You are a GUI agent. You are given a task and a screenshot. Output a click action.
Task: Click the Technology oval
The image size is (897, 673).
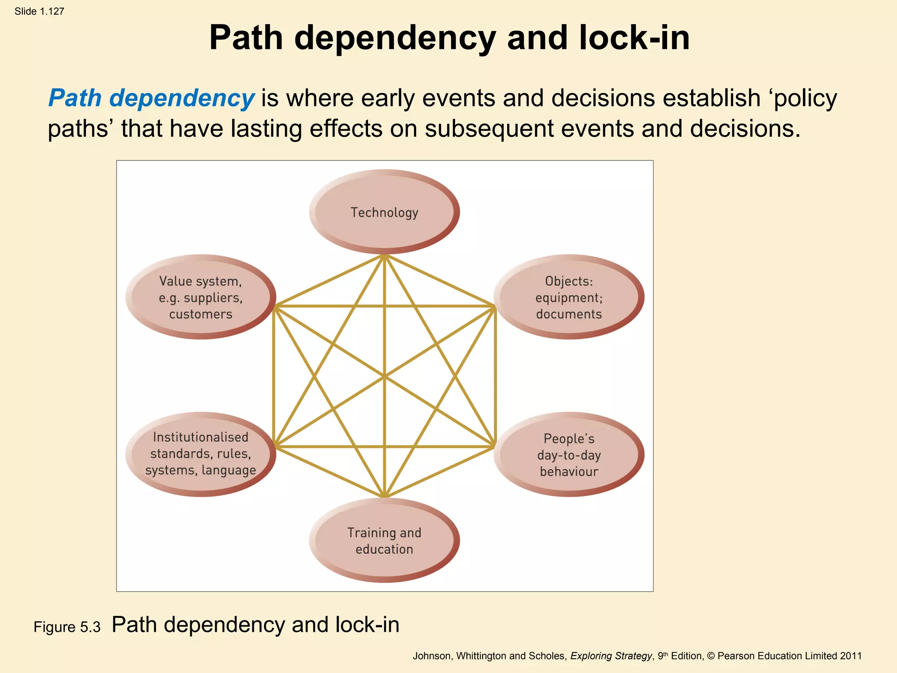(384, 212)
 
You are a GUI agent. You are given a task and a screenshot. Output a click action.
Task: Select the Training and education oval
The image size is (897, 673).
(384, 541)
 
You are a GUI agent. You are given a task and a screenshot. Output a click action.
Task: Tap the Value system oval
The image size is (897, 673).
(201, 297)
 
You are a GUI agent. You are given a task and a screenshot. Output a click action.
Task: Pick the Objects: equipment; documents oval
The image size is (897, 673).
(569, 297)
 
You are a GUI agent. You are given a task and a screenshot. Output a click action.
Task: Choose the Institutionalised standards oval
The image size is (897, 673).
(201, 454)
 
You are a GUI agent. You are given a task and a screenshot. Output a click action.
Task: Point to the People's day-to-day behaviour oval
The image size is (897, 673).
(569, 455)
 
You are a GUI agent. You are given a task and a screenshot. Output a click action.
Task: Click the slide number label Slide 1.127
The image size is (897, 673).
(39, 11)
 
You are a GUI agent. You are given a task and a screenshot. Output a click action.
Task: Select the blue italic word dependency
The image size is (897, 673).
(181, 98)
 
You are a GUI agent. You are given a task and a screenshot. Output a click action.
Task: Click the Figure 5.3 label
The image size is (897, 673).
(67, 627)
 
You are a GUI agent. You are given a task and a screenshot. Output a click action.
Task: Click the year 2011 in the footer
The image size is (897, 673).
(851, 656)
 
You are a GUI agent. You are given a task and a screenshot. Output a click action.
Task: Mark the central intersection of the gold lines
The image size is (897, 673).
(384, 376)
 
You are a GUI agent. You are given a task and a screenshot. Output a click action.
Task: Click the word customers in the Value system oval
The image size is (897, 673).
(201, 314)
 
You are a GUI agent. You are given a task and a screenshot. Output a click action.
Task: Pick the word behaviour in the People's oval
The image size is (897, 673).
(569, 471)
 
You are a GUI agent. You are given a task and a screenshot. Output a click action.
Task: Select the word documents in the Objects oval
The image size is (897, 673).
(569, 314)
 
